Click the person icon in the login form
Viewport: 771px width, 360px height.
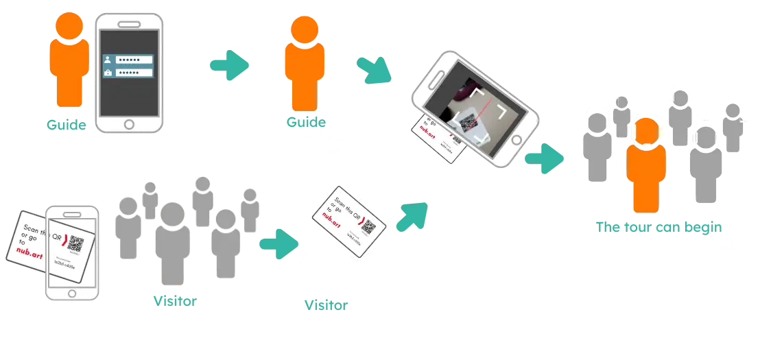click(108, 60)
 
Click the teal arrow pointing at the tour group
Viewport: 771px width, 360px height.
click(545, 158)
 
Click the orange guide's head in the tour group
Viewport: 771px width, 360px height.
click(648, 130)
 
